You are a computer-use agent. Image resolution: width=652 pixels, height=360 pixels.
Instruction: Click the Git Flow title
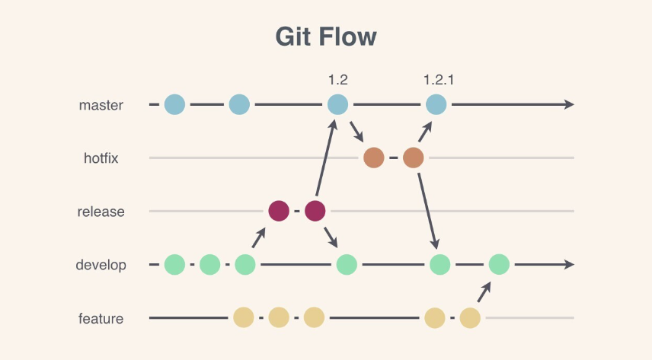pyautogui.click(x=326, y=37)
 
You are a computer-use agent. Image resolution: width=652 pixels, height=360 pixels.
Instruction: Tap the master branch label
pyautogui.click(x=101, y=105)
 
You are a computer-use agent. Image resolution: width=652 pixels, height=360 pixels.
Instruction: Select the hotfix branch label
pyautogui.click(x=102, y=158)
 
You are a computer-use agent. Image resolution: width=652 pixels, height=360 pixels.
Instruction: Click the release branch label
pyautogui.click(x=101, y=212)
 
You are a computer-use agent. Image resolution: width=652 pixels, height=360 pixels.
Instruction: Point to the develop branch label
pyautogui.click(x=101, y=265)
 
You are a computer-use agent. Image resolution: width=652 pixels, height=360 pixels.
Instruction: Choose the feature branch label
pyautogui.click(x=101, y=318)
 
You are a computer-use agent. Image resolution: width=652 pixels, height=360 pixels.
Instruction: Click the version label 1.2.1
pyautogui.click(x=439, y=79)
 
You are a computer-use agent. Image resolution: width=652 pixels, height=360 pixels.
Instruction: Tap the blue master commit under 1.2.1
pyautogui.click(x=436, y=104)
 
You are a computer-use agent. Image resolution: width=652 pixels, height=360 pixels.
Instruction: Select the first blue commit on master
pyautogui.click(x=174, y=104)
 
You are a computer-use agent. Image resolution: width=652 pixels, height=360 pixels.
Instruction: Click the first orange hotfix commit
pyautogui.click(x=374, y=158)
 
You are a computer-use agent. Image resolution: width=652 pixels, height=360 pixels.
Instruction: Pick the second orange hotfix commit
pyautogui.click(x=413, y=158)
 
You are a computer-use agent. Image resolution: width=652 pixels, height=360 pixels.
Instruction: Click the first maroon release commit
pyautogui.click(x=279, y=211)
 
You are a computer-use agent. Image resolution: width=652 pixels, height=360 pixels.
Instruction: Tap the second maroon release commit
pyautogui.click(x=315, y=211)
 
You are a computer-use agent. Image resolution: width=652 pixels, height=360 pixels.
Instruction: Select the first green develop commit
pyautogui.click(x=174, y=265)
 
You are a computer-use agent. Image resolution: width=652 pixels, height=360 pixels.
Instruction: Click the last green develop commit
pyautogui.click(x=499, y=265)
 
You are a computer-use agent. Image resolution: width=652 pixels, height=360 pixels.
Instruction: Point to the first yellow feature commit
pyautogui.click(x=243, y=317)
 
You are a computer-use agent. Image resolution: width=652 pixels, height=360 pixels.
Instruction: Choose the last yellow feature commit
pyautogui.click(x=470, y=317)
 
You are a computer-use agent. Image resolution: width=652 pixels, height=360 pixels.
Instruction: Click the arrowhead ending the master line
pyautogui.click(x=568, y=104)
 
